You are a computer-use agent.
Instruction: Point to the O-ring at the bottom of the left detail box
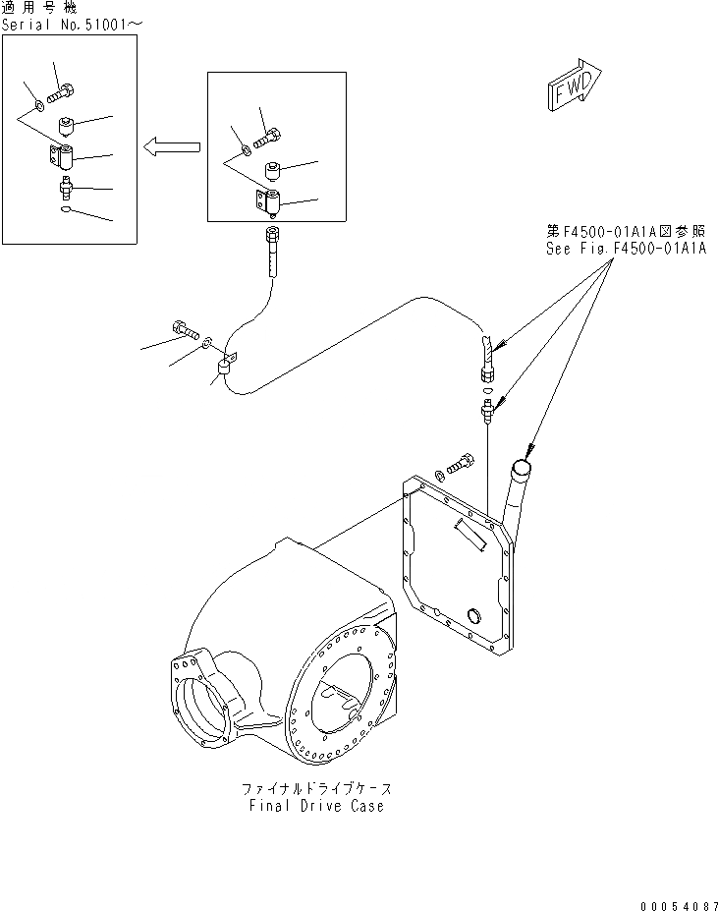(x=64, y=208)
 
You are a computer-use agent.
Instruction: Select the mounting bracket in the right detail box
(x=270, y=202)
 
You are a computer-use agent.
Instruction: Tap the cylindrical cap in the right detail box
(x=274, y=172)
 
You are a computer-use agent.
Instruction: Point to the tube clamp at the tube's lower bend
(x=223, y=367)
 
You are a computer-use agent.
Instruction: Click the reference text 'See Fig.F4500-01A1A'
(x=626, y=249)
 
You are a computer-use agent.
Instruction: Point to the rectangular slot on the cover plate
(x=469, y=535)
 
